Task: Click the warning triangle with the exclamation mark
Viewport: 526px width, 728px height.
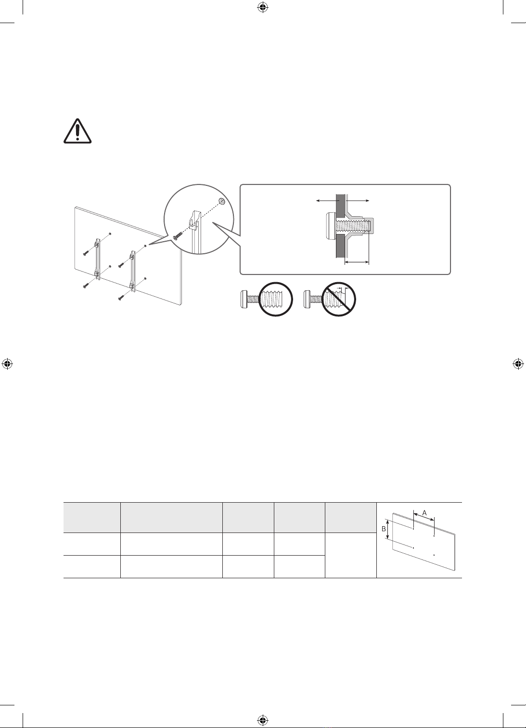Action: tap(77, 131)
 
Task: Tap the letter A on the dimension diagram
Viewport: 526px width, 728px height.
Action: tap(424, 513)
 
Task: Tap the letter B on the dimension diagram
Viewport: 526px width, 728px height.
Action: tap(384, 529)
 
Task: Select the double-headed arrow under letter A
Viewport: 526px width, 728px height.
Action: tap(423, 517)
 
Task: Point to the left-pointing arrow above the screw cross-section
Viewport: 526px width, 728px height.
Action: tap(326, 201)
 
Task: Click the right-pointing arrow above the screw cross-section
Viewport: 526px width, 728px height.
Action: tap(358, 201)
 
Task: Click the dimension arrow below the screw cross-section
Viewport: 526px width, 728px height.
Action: tap(357, 261)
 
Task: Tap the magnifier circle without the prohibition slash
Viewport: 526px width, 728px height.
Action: tap(275, 299)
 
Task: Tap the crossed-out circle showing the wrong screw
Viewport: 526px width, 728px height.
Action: tap(338, 299)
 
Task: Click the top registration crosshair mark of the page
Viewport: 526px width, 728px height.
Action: tap(262, 8)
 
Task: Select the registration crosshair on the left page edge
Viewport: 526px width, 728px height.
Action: tap(8, 364)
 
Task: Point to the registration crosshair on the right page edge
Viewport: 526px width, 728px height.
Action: tap(518, 364)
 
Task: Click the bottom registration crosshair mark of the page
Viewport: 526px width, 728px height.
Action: tap(262, 720)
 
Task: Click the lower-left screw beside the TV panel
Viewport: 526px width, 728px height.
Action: tap(86, 286)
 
